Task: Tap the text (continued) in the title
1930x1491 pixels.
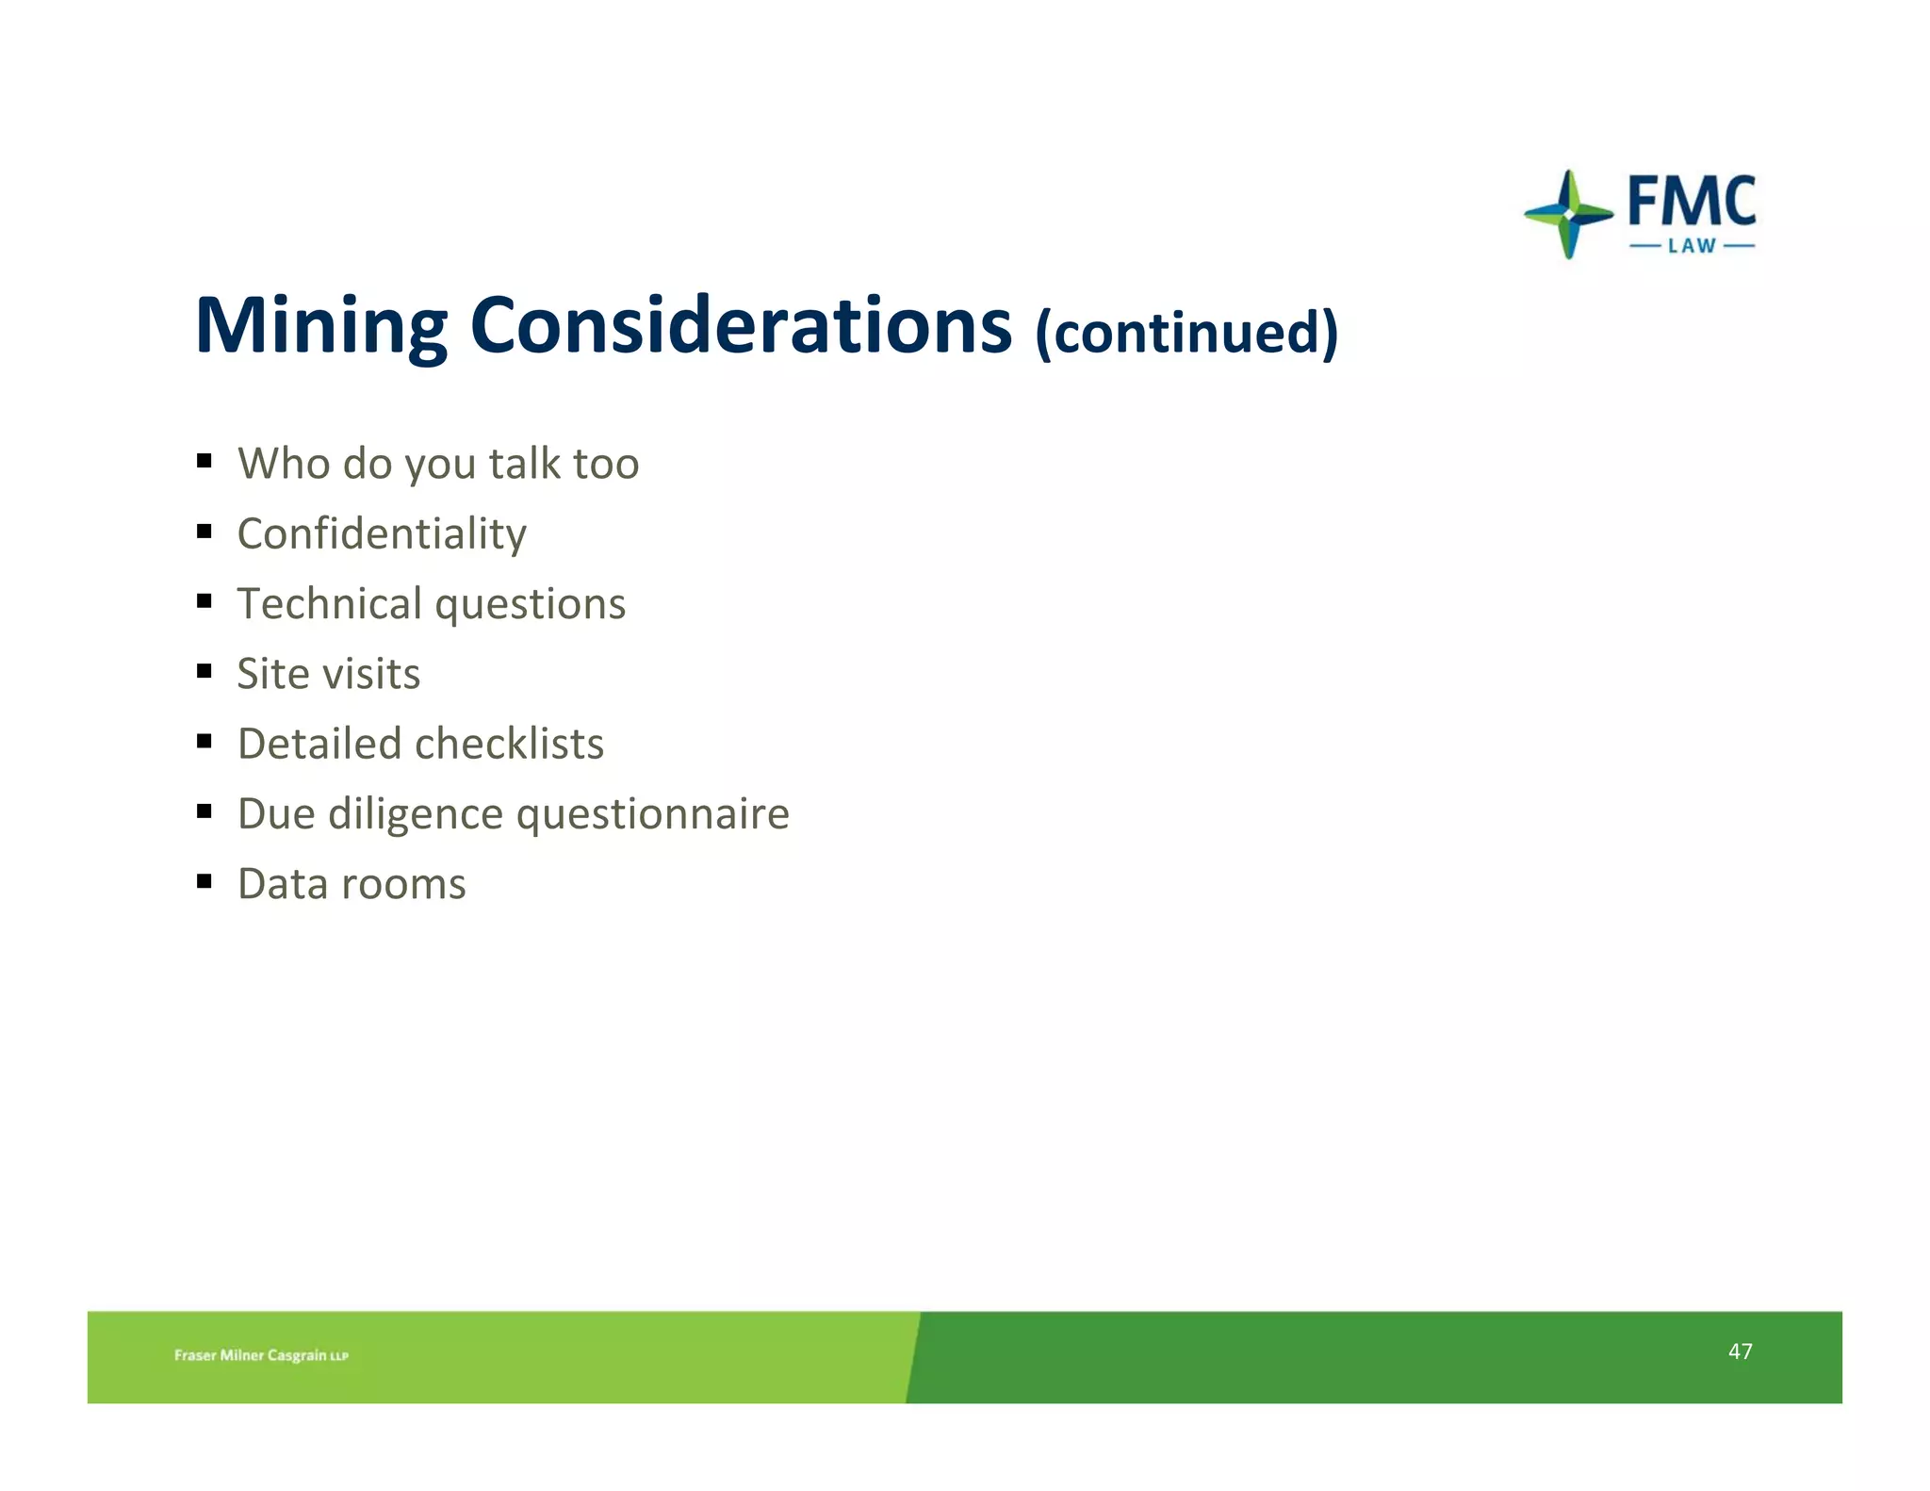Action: coord(1186,332)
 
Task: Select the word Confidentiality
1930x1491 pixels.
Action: coord(382,534)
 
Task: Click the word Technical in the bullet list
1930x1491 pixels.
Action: coord(329,604)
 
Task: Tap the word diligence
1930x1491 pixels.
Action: coord(416,814)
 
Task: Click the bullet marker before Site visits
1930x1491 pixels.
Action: coord(204,671)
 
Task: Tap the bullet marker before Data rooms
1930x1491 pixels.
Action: coord(204,881)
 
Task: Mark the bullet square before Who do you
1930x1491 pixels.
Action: coord(204,461)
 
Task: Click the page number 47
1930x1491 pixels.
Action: coord(1740,1352)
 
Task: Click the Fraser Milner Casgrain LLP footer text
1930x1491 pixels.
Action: coord(261,1355)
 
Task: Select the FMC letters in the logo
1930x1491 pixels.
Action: coord(1692,201)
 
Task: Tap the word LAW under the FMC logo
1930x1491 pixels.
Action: coord(1692,246)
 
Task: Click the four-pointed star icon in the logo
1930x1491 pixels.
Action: coord(1568,214)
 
